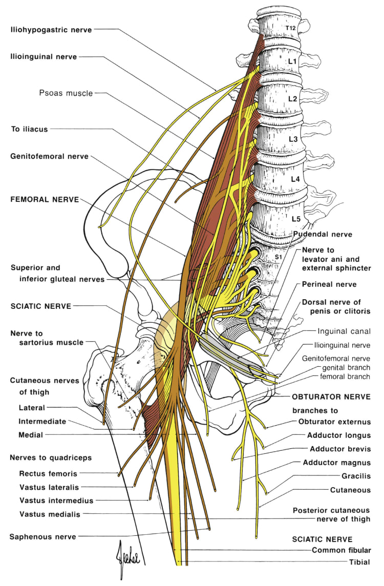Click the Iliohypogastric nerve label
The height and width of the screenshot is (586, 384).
coord(51,30)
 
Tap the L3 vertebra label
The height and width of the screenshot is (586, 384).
coord(293,139)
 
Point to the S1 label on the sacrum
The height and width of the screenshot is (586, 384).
coord(279,256)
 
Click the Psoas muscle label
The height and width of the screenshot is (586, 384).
coord(66,93)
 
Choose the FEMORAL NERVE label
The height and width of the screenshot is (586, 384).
coord(45,200)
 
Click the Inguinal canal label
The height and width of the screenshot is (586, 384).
coord(344,331)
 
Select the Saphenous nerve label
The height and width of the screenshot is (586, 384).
coord(42,536)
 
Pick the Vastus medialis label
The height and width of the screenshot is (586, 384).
coord(50,514)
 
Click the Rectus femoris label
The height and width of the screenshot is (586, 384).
coord(48,473)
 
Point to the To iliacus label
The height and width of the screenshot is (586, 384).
coord(29,129)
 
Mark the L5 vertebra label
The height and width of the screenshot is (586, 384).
coord(296,219)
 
